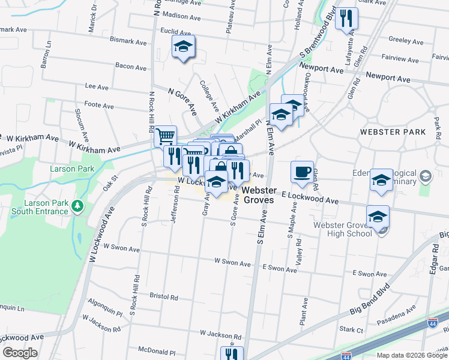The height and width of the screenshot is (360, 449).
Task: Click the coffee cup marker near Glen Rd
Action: [302, 172]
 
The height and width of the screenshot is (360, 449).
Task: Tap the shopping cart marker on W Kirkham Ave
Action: [165, 136]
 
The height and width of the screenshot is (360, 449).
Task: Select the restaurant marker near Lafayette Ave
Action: [346, 19]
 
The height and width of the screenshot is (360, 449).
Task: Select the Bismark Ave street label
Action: [128, 42]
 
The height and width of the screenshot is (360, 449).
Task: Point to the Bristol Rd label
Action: [164, 297]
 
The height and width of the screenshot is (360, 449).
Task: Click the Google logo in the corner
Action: [20, 353]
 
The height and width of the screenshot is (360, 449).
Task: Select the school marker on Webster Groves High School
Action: [378, 217]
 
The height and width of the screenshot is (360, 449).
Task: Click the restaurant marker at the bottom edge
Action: [231, 354]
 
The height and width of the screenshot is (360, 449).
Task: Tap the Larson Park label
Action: [72, 169]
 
